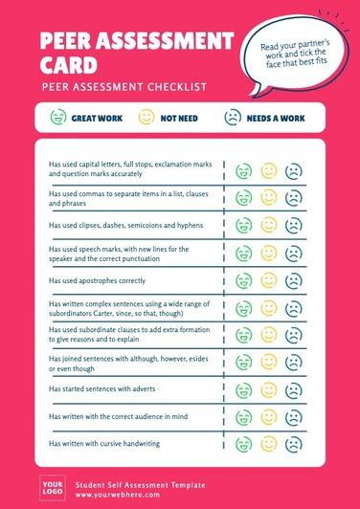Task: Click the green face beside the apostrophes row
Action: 244,281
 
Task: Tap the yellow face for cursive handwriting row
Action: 269,446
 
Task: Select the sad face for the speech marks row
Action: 293,254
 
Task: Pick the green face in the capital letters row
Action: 244,170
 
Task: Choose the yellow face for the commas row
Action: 269,198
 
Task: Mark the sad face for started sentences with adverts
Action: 293,391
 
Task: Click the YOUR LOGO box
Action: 51,487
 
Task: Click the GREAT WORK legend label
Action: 96,118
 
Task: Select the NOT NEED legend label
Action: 178,118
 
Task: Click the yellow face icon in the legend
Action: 146,118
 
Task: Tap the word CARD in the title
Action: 68,66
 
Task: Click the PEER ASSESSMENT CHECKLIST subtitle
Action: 124,87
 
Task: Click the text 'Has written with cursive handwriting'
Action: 104,445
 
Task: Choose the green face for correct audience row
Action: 244,419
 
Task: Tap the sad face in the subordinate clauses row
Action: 293,336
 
